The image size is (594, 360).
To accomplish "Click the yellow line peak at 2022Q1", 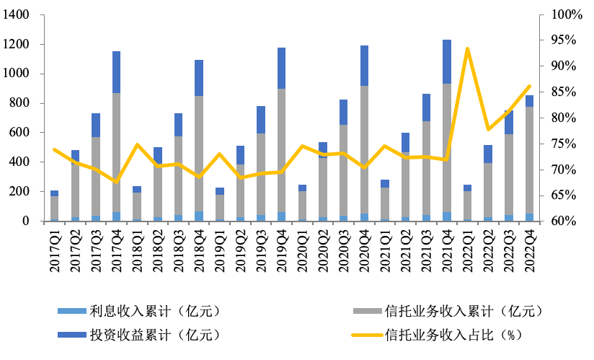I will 468,49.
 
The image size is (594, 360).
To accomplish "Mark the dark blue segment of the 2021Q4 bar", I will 447,61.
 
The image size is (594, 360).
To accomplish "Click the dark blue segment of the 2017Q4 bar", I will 116,72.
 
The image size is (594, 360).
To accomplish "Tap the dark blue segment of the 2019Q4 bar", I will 282,68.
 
